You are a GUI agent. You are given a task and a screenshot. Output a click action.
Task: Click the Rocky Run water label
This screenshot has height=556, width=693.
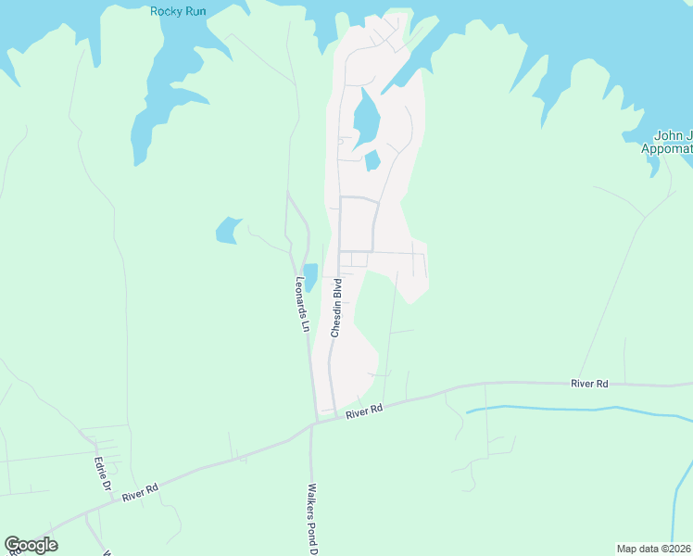pos(178,11)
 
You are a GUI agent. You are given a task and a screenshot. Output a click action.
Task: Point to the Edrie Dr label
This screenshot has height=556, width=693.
pos(103,473)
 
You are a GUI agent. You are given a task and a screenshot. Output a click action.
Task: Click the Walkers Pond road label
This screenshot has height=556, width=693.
pos(313,519)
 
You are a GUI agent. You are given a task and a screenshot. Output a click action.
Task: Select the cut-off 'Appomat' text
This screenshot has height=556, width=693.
pos(667,148)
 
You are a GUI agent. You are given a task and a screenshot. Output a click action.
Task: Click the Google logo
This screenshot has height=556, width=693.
pos(31,545)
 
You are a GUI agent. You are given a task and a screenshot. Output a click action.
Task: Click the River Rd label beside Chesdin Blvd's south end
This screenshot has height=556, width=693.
pos(364,411)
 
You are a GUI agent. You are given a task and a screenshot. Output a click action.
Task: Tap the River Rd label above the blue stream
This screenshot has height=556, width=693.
pos(589,382)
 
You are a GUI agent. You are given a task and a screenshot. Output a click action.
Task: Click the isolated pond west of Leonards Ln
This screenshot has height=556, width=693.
pos(228,230)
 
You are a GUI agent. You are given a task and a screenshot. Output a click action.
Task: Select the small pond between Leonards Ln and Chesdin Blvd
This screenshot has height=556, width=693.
pos(310,276)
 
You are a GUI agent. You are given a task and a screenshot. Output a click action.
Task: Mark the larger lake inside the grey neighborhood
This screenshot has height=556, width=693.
pos(366,119)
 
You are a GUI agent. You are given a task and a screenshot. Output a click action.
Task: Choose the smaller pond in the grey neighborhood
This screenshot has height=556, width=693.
pos(372,161)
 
